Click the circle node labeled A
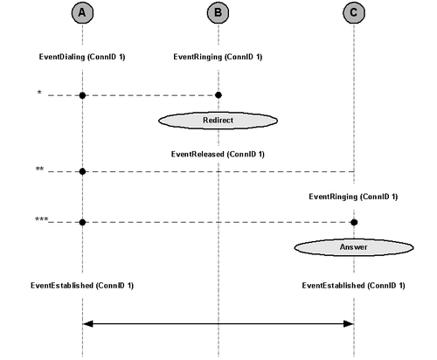(82, 13)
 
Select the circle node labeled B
(218, 13)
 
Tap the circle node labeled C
(354, 13)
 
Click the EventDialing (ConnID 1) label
(82, 57)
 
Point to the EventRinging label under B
(218, 57)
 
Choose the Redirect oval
(218, 121)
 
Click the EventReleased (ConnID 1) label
(218, 154)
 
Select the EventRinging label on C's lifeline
(353, 197)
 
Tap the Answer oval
(354, 247)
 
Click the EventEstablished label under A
(82, 286)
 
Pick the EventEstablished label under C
(354, 286)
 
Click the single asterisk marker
(39, 93)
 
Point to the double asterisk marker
(39, 169)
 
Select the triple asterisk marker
(41, 219)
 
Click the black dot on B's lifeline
(218, 95)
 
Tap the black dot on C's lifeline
(354, 223)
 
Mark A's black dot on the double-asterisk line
(82, 171)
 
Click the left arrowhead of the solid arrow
(88, 323)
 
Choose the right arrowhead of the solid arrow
(349, 323)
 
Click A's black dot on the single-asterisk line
(82, 95)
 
